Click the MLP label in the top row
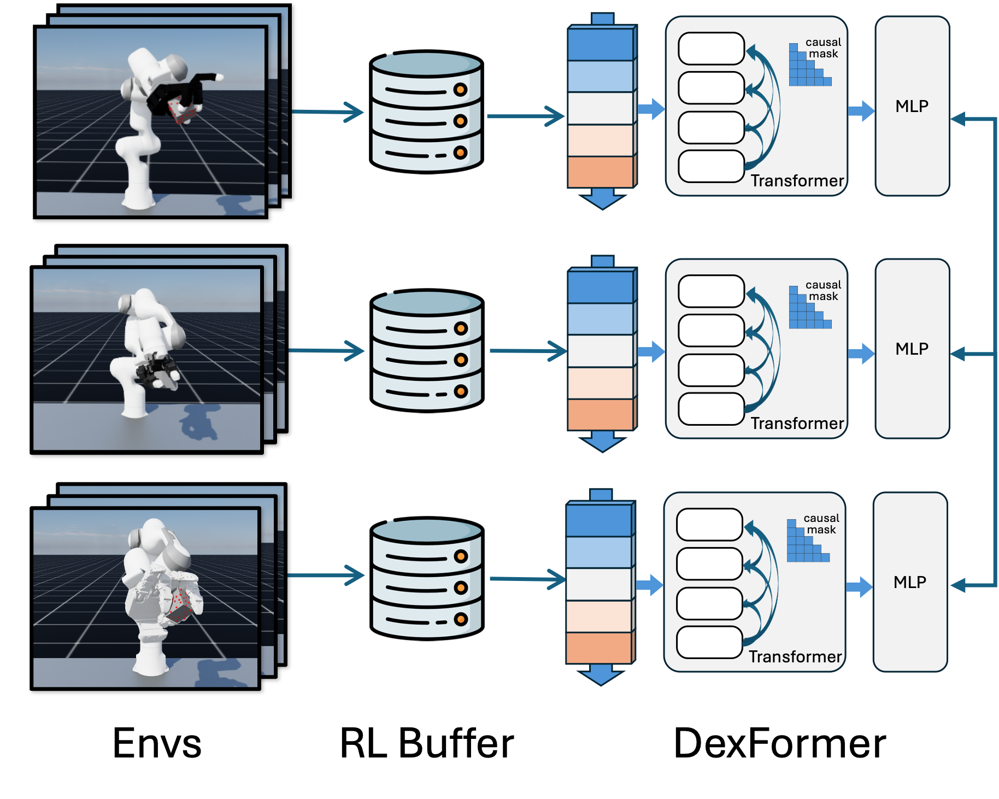point(912,106)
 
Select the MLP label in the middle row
point(912,349)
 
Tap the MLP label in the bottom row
point(909,582)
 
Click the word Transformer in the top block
point(797,181)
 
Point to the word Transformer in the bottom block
point(795,657)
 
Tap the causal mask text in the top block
point(823,48)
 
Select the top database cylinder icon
point(426,112)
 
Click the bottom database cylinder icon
point(427,579)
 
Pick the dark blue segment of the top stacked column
point(600,45)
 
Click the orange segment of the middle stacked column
point(600,414)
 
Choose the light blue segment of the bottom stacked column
point(598,553)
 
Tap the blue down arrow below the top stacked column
point(602,199)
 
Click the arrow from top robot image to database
point(328,112)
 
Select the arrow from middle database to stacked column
point(528,351)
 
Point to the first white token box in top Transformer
point(711,49)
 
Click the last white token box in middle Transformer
point(711,409)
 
